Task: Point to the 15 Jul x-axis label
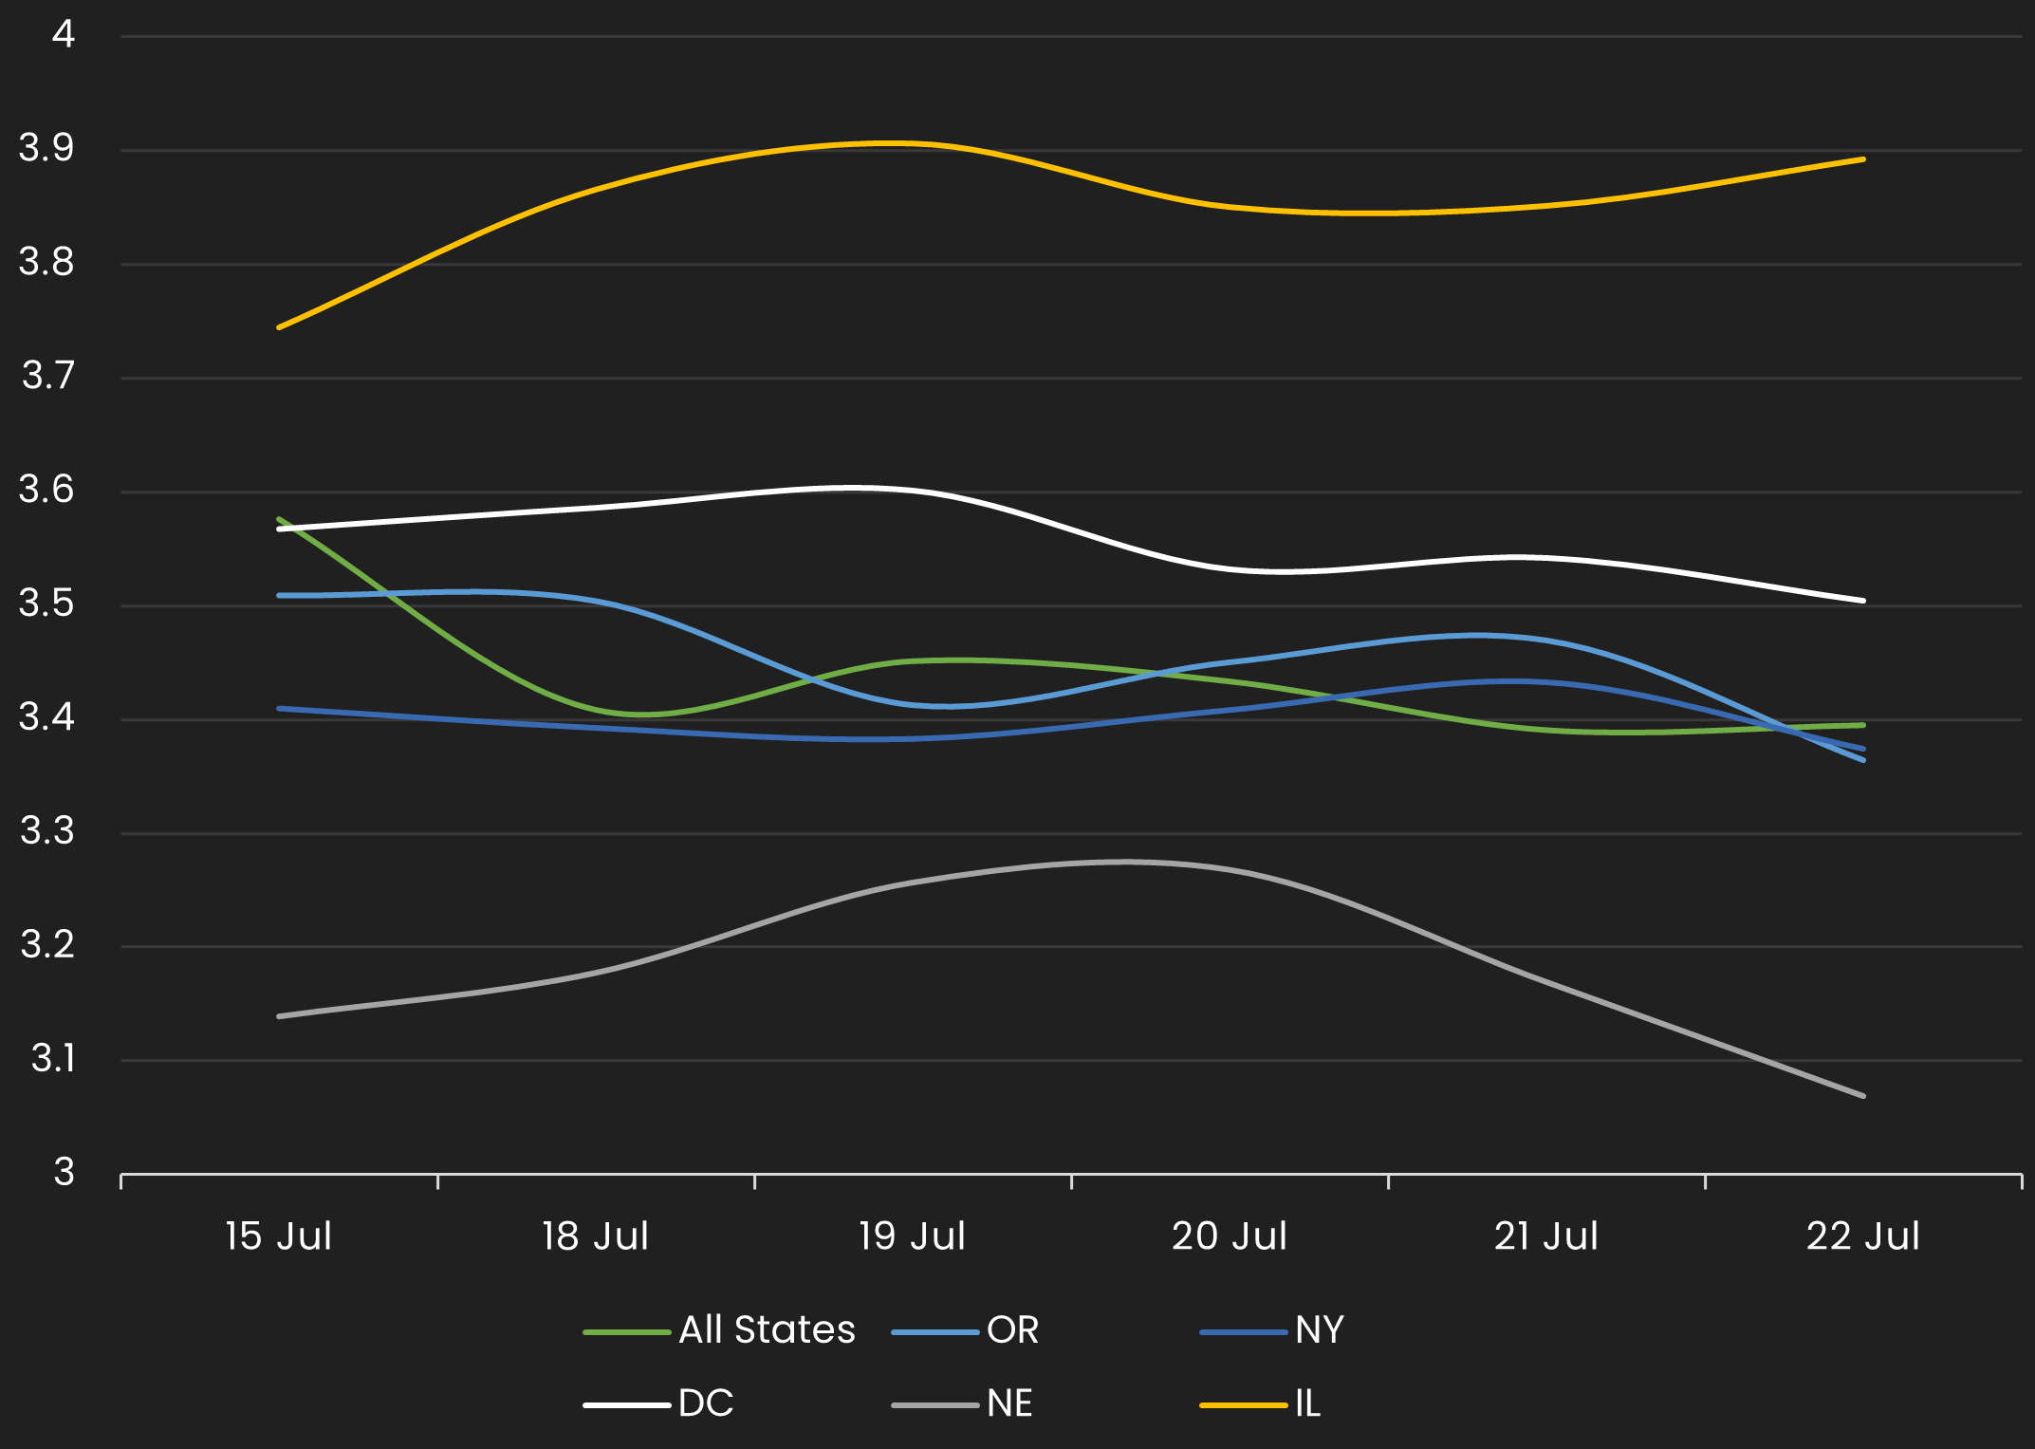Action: point(279,1236)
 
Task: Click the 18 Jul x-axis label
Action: point(596,1236)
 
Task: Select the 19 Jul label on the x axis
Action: point(913,1236)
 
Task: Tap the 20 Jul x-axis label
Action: point(1230,1236)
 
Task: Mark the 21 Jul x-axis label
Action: point(1546,1236)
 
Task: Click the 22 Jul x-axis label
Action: point(1863,1236)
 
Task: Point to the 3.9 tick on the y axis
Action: point(46,148)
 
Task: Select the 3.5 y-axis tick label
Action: point(46,604)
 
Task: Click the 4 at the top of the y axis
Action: point(63,34)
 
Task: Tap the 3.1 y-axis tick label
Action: point(52,1058)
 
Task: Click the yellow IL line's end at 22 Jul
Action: point(1863,159)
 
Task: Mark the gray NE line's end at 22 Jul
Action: point(1863,1096)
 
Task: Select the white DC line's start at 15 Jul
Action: point(279,529)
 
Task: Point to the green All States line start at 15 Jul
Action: point(279,519)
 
